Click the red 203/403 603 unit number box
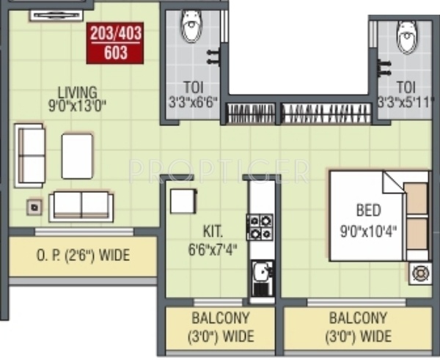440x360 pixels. click(115, 43)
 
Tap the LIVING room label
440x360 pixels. click(78, 92)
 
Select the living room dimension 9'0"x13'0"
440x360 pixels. click(78, 105)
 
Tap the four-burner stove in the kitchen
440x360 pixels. click(260, 227)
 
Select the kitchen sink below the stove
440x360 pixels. click(261, 276)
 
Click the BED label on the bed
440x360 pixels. click(368, 211)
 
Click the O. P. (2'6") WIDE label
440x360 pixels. click(83, 257)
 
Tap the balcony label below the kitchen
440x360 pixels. click(219, 328)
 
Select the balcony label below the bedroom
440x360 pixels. click(357, 328)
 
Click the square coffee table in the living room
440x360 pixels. click(77, 155)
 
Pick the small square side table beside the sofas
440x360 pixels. click(34, 207)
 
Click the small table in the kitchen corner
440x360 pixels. click(183, 200)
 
